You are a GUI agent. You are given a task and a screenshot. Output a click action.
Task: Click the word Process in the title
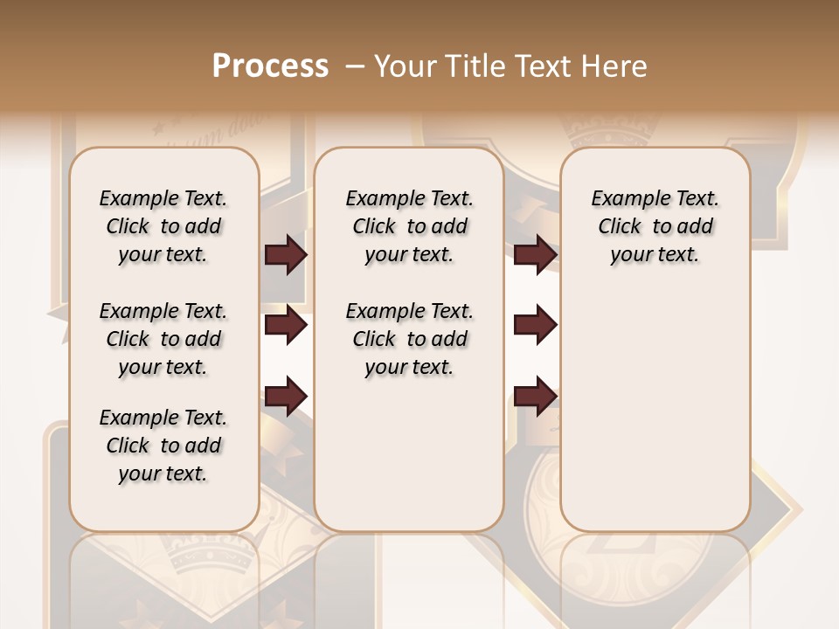(270, 66)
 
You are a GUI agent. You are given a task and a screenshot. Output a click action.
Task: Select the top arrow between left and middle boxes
(286, 254)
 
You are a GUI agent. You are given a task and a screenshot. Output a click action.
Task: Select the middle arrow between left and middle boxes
(286, 325)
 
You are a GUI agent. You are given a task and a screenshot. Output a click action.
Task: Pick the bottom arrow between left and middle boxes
(286, 395)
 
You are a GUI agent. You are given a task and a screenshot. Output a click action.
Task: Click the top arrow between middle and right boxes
(535, 254)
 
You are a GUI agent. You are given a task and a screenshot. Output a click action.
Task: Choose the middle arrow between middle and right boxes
(535, 325)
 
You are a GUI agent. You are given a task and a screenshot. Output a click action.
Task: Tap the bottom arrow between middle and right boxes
(535, 395)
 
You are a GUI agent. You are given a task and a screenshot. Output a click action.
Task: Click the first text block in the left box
(163, 226)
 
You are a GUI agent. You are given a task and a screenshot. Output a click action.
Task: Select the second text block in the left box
(163, 339)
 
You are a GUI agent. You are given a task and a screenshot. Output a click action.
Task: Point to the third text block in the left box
(163, 446)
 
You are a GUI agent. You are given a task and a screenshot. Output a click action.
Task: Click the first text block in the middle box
(409, 226)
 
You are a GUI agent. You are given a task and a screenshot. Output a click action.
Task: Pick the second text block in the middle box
(409, 339)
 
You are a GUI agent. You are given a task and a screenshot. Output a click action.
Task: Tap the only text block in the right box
(655, 226)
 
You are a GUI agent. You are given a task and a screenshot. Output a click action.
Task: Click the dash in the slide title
(355, 66)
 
